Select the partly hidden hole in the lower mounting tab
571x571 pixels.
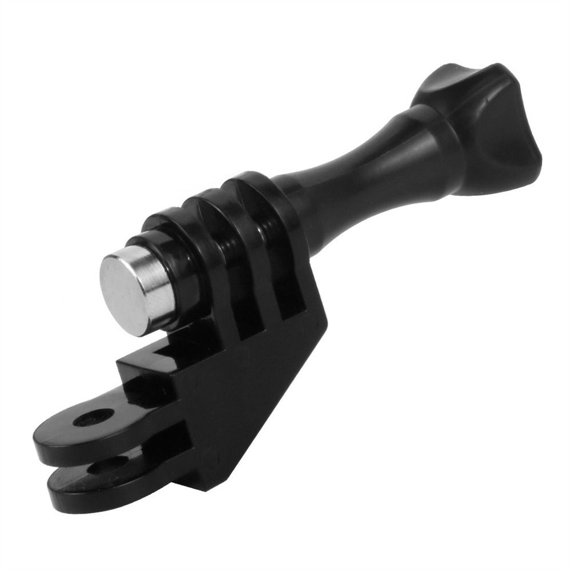click(x=108, y=464)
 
